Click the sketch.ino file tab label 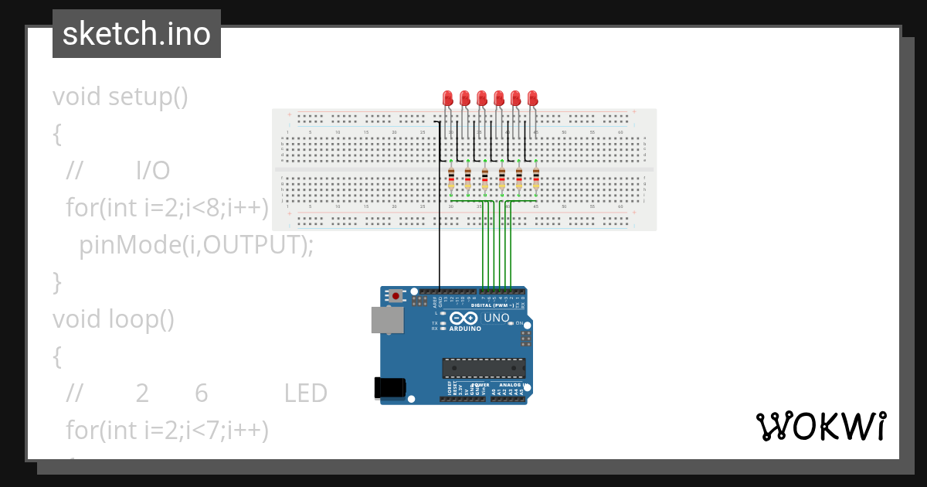137,34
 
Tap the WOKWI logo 820,427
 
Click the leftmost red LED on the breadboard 447,98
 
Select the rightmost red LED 532,98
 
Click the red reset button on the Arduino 396,295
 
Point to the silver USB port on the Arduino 386,320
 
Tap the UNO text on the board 496,318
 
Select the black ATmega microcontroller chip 484,368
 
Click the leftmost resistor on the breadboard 451,179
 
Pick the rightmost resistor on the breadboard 536,179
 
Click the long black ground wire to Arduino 440,232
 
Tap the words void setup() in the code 121,97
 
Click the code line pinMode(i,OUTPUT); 196,245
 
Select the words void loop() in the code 114,319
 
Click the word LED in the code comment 305,393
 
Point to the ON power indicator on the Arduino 519,322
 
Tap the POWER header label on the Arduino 480,384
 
